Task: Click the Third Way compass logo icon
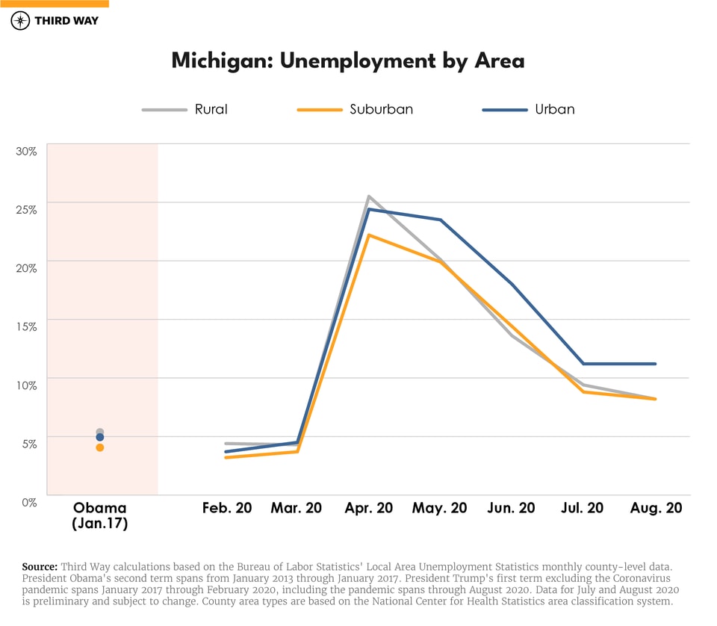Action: coord(20,20)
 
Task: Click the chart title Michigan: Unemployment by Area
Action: coord(348,61)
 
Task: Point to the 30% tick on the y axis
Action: coord(27,151)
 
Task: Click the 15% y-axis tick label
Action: coord(27,326)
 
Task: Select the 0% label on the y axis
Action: coord(29,502)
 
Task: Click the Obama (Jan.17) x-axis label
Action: coord(100,515)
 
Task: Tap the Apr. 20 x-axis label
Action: coord(368,508)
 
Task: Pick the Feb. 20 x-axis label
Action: coord(227,508)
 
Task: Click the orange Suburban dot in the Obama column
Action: coord(100,447)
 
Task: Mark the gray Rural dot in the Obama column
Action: coord(100,432)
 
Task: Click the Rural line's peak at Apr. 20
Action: coord(368,196)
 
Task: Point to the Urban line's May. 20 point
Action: coord(441,220)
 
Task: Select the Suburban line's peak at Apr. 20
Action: coord(368,235)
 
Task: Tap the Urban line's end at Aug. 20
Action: coord(656,364)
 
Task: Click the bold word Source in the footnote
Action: coord(40,567)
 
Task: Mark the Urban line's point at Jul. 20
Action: coord(583,364)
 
